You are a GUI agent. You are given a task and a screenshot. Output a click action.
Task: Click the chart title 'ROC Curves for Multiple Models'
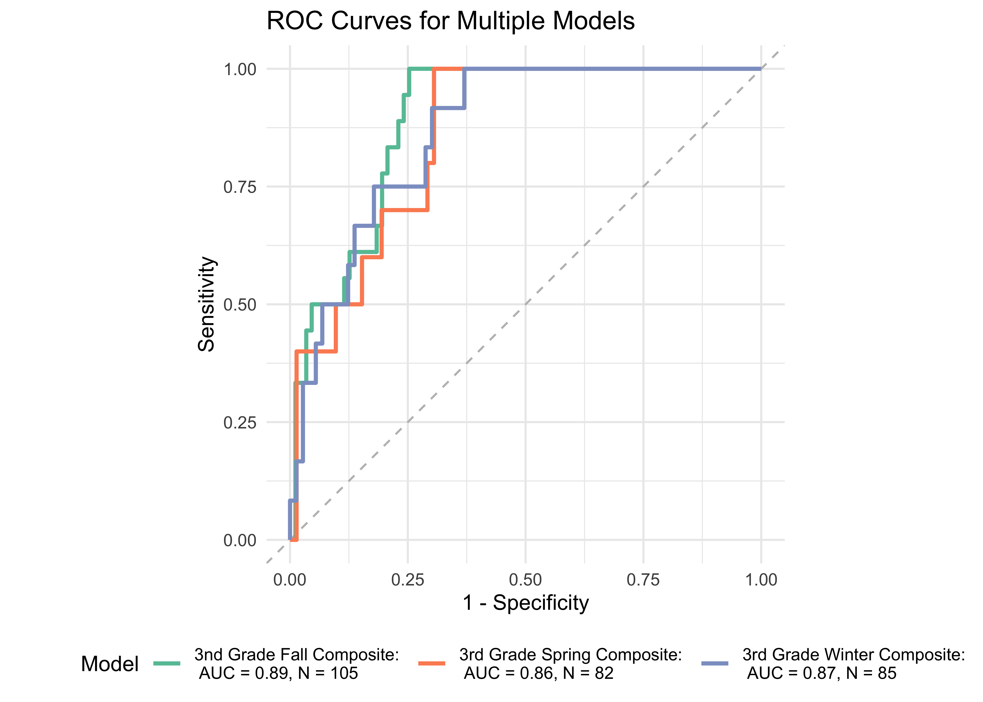tap(451, 21)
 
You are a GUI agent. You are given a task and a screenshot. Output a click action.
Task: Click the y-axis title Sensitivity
tap(207, 304)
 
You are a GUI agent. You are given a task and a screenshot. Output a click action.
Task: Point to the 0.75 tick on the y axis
tap(240, 187)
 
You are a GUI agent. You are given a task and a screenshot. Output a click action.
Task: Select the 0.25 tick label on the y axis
tap(240, 422)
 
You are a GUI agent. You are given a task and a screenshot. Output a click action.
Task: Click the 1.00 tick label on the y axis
tap(240, 69)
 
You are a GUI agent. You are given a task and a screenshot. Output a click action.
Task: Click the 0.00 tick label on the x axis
tap(290, 580)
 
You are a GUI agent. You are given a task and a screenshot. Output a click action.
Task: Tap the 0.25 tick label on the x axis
tap(408, 580)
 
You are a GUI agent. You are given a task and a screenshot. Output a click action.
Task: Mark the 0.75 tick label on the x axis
tap(643, 580)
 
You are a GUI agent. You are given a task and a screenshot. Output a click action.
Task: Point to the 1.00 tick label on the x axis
tap(761, 580)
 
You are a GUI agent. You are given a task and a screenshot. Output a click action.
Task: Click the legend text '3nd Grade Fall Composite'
tap(297, 654)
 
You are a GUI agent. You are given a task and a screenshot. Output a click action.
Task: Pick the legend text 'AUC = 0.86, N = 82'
tap(539, 673)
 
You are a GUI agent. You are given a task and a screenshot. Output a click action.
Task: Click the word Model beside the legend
tap(110, 664)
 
